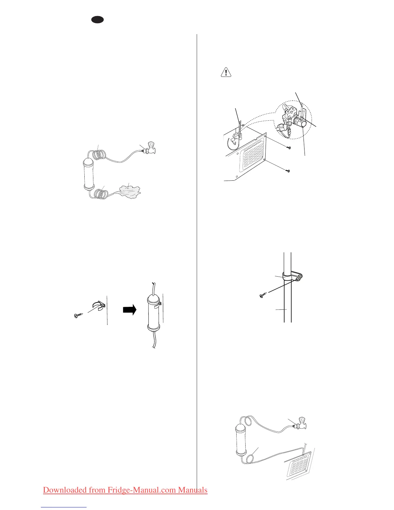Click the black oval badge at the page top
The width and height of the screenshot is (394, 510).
[97, 20]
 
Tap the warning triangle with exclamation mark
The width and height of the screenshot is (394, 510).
[226, 72]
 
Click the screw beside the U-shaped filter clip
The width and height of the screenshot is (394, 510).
[78, 316]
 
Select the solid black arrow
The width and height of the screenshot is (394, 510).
[129, 310]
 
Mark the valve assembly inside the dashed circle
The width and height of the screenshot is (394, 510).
[291, 121]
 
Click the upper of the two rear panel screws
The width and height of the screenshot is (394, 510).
[289, 147]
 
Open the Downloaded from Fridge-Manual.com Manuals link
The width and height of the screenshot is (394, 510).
[125, 490]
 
